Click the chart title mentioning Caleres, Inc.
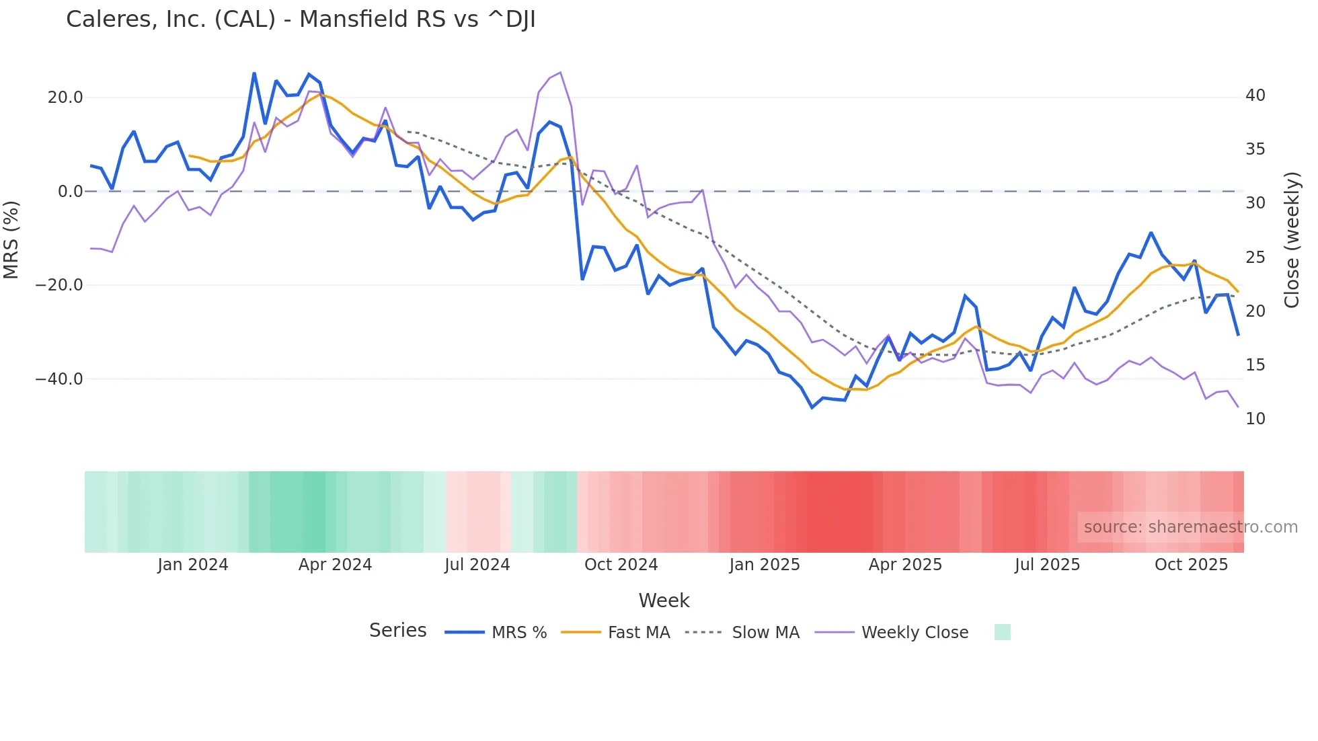click(301, 19)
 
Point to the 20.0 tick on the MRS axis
click(65, 97)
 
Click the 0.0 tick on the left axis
click(70, 192)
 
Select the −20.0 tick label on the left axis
click(59, 285)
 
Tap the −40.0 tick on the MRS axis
click(59, 379)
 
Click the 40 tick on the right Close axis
click(1255, 95)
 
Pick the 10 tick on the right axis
click(1255, 419)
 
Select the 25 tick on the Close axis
click(1255, 258)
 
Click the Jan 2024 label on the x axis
click(193, 565)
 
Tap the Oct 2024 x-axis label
click(621, 565)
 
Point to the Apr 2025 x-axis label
click(905, 565)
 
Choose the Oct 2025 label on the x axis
click(1191, 565)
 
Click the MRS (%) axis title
click(11, 239)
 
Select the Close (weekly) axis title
click(1292, 240)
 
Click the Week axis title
click(664, 600)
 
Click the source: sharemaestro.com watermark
click(1190, 527)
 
